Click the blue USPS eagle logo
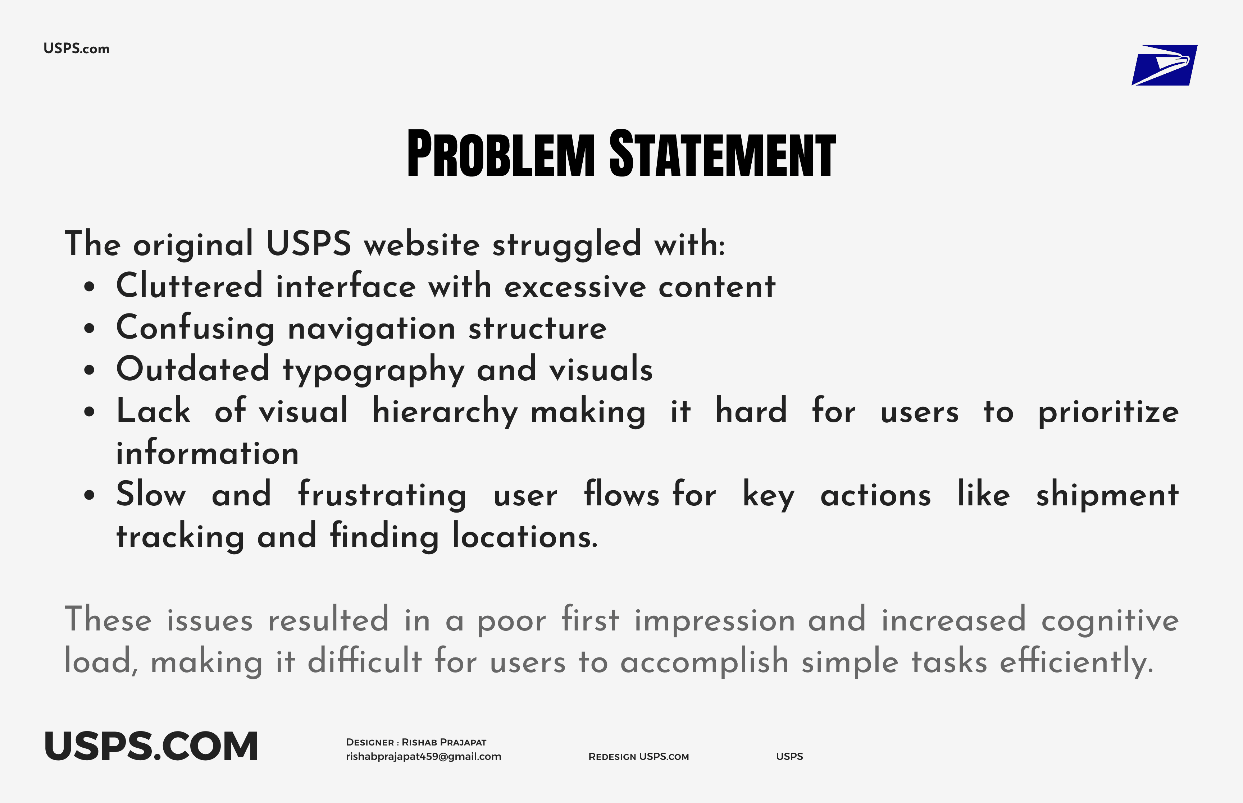click(1164, 65)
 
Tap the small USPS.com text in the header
click(76, 49)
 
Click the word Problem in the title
click(500, 154)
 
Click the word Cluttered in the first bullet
click(189, 286)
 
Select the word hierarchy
click(445, 412)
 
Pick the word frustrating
click(382, 495)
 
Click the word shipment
click(1107, 495)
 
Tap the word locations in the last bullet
click(524, 537)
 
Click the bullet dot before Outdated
click(90, 370)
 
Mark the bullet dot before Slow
click(90, 495)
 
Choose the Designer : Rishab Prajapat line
click(416, 742)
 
